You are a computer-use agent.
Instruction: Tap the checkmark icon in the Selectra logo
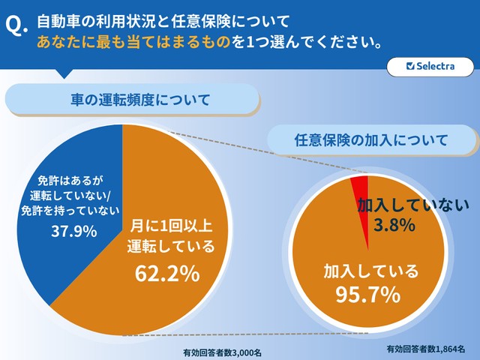pos(409,66)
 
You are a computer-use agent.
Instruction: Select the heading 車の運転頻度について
pos(130,99)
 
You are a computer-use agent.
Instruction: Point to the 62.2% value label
pos(166,274)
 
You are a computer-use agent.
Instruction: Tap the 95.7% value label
pos(367,295)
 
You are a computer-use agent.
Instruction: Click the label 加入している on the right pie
pos(370,270)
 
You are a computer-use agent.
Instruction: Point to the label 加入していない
pos(406,204)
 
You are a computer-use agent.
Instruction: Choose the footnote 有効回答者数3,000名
pos(221,352)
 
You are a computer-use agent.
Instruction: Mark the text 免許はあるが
pos(69,181)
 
